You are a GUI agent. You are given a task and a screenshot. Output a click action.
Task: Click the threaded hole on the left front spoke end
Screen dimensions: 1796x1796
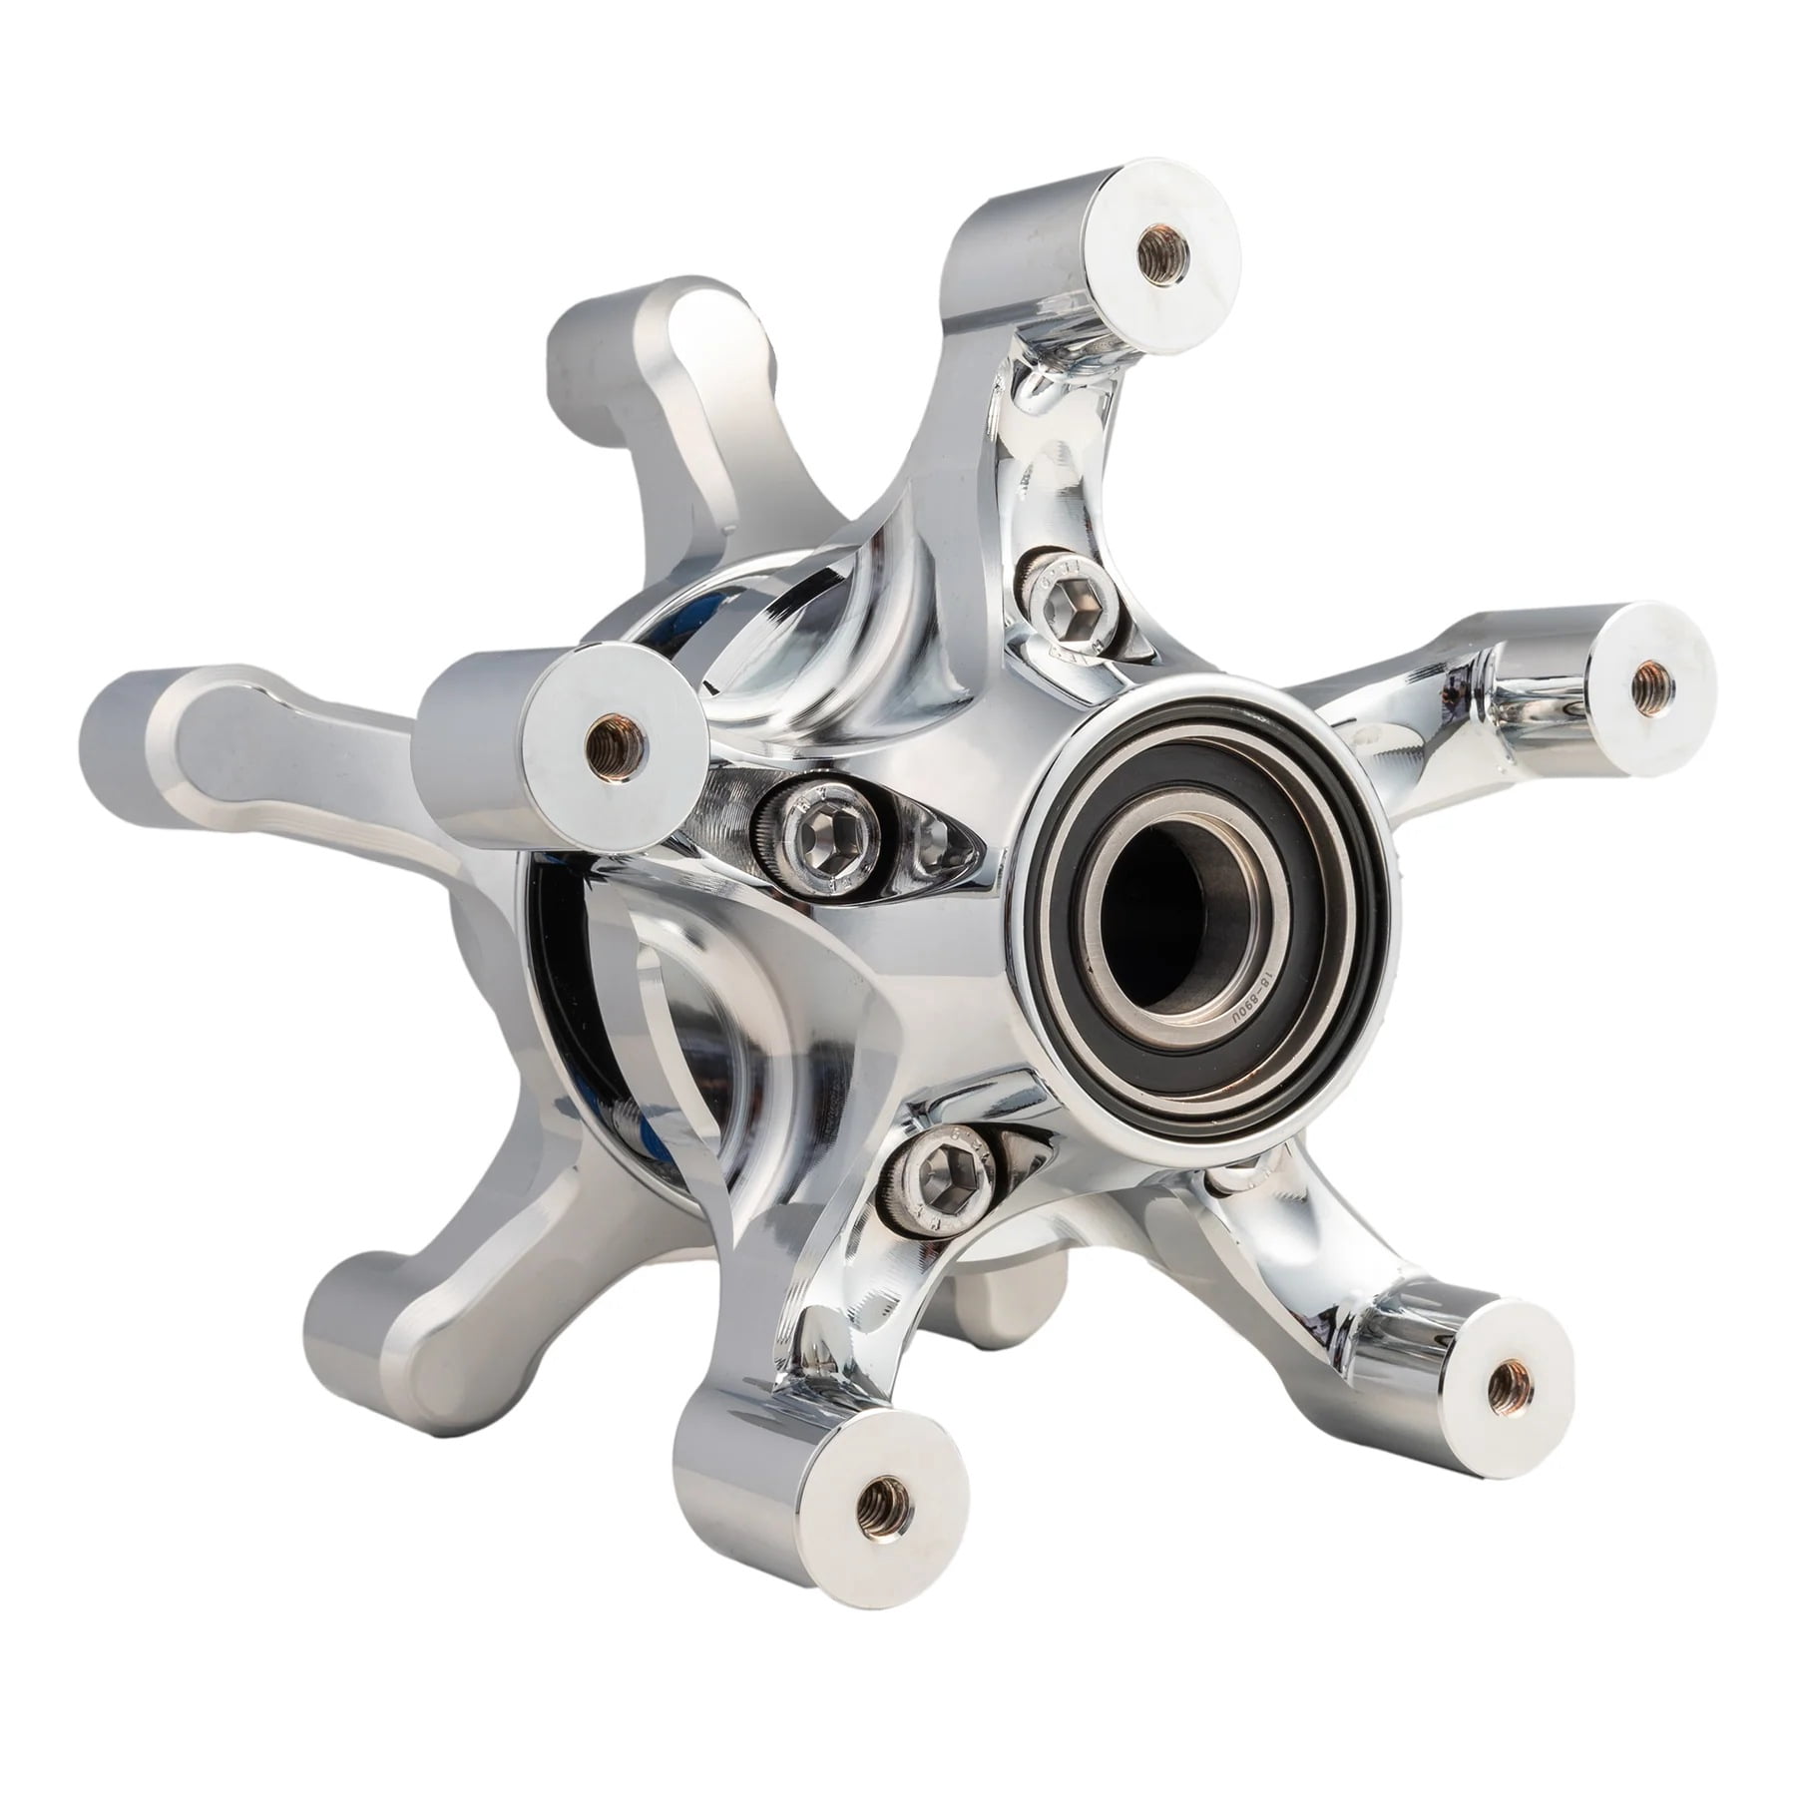click(606, 738)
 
